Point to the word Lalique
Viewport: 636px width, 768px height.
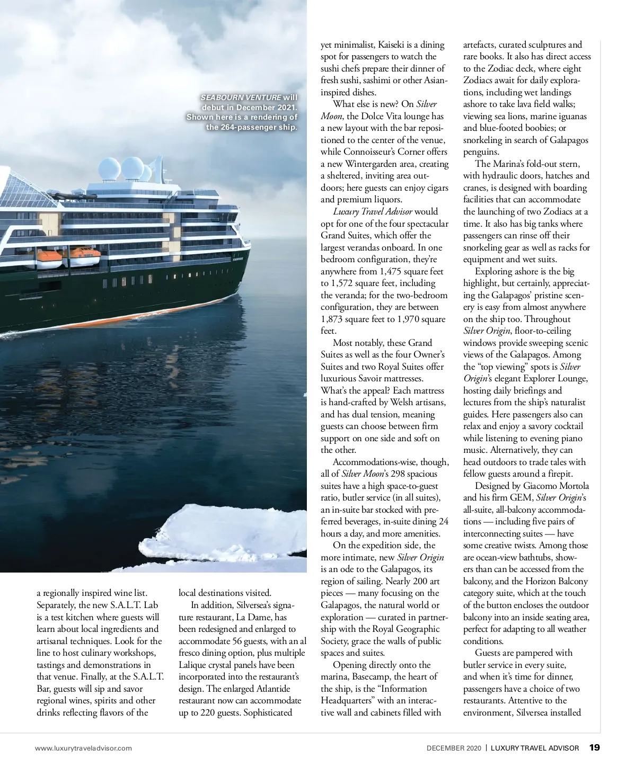(x=193, y=665)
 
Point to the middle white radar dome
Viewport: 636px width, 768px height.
(x=132, y=166)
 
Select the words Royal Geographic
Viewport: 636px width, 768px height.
(x=407, y=629)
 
